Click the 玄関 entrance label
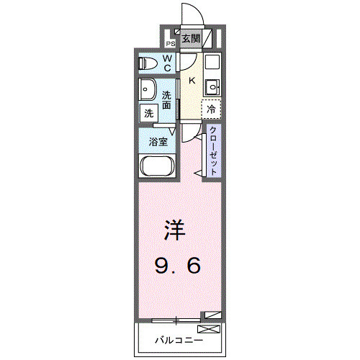tap(191, 38)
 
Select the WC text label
tap(166, 63)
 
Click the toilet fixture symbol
tap(148, 63)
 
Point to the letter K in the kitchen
tap(192, 81)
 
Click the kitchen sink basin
tap(212, 89)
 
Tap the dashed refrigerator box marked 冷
tap(211, 109)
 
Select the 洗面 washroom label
tap(166, 99)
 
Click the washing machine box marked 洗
tap(148, 112)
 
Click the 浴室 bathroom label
tap(158, 141)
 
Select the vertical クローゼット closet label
tap(214, 149)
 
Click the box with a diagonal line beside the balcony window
tap(211, 315)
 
